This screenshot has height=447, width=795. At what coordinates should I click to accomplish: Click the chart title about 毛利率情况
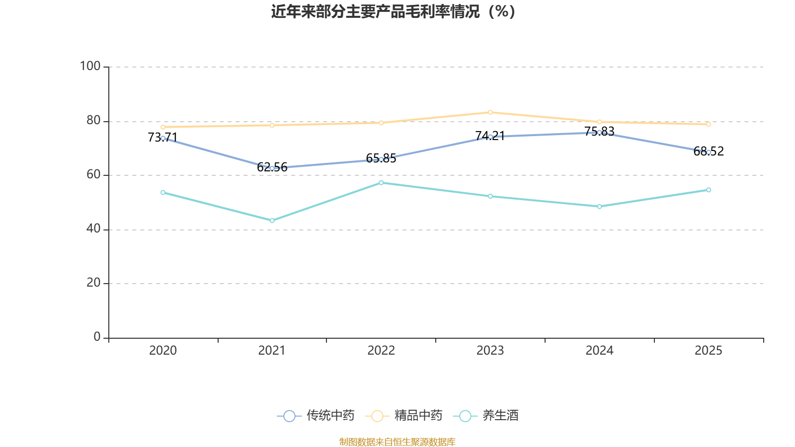click(393, 11)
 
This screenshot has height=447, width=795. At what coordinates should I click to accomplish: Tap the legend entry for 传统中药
click(316, 416)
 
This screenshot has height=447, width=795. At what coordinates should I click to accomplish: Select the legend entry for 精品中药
click(403, 416)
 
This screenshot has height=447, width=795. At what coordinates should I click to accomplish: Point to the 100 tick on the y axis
click(90, 66)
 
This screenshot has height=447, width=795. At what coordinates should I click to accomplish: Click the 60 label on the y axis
click(93, 174)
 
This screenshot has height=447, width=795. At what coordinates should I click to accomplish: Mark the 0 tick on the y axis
click(97, 337)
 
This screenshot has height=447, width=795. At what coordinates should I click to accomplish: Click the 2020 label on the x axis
click(163, 351)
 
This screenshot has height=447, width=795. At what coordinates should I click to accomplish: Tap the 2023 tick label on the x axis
click(490, 351)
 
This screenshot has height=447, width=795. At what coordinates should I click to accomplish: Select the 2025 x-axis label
click(708, 351)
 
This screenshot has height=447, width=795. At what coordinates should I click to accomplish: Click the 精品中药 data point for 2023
click(490, 112)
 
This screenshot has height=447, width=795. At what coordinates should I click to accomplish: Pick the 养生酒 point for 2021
click(272, 221)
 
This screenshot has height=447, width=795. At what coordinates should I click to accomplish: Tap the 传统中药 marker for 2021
click(272, 168)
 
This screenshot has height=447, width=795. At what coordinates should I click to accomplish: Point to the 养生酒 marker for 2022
click(381, 183)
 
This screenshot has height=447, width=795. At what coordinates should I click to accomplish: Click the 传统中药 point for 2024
click(599, 133)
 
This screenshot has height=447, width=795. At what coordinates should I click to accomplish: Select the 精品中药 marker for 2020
click(163, 127)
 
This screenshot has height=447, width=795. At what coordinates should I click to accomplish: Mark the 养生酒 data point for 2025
click(709, 190)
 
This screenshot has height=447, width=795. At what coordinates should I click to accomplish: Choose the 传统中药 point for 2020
click(163, 138)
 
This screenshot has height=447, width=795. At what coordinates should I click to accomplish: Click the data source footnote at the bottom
click(397, 442)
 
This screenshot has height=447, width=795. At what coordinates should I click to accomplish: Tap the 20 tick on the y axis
click(93, 283)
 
